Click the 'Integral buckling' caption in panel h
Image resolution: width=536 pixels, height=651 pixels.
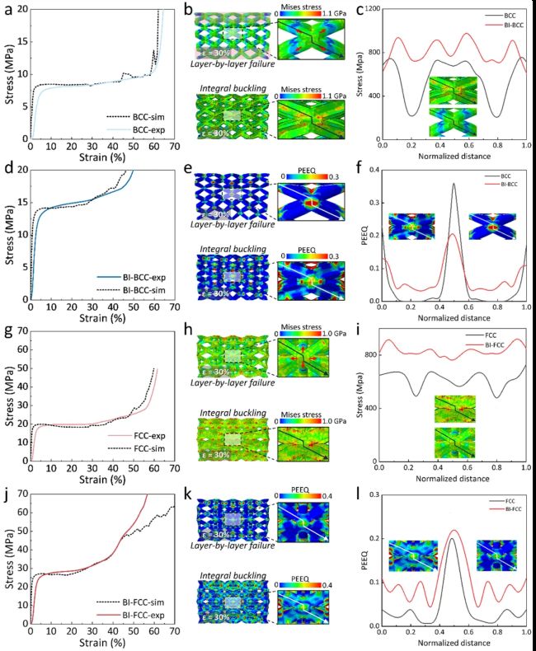(232, 411)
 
